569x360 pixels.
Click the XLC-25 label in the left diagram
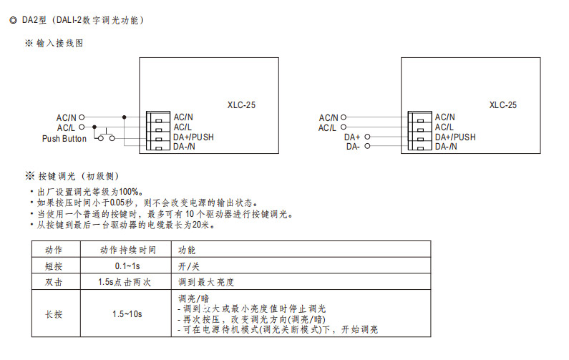coord(241,105)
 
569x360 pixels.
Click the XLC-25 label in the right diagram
coord(502,105)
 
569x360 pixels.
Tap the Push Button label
coord(64,139)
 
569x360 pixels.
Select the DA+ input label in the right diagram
coord(352,137)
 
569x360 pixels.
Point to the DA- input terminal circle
coord(367,146)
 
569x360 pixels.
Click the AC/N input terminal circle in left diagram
coord(82,117)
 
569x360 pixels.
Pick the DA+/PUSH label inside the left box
coord(193,137)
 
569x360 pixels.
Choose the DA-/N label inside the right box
coord(446,147)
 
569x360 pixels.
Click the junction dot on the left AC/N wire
coord(124,117)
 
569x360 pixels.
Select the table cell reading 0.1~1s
coord(127,266)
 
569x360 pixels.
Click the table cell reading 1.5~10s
coord(127,314)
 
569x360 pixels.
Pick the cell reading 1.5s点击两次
coord(125,282)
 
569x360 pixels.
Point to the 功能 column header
coord(187,250)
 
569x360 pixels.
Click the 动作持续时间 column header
coord(127,250)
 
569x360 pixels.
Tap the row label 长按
coord(54,314)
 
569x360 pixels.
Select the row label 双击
coord(54,282)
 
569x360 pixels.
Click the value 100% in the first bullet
coord(128,192)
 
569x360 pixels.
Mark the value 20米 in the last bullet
coord(200,225)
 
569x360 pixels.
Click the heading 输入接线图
coord(60,43)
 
